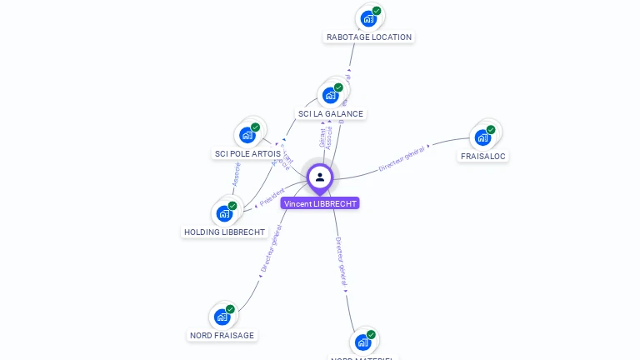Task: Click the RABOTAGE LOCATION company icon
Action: [x=367, y=18]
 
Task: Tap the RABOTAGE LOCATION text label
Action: [x=369, y=37]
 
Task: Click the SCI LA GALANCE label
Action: [x=331, y=113]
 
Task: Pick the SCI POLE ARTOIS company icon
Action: [x=247, y=135]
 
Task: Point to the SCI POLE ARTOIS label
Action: [x=247, y=154]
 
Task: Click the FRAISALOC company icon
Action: [x=482, y=137]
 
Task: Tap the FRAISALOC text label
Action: [x=483, y=156]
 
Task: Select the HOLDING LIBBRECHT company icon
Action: [x=223, y=213]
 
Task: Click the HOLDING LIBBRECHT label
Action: [x=224, y=232]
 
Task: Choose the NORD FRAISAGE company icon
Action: [x=222, y=317]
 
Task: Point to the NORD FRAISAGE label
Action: [x=222, y=335]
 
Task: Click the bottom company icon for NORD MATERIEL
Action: [x=362, y=342]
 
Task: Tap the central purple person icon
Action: [x=320, y=177]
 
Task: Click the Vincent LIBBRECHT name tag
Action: [x=320, y=203]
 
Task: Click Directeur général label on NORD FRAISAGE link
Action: [x=271, y=249]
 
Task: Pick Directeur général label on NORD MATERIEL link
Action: [x=340, y=262]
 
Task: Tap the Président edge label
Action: [x=272, y=197]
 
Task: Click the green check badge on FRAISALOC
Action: [x=491, y=130]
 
